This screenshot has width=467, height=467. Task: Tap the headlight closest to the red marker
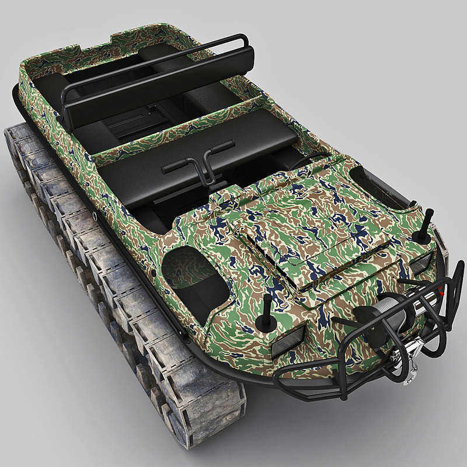(421, 264)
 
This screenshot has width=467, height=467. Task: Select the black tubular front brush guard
(350, 374)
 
